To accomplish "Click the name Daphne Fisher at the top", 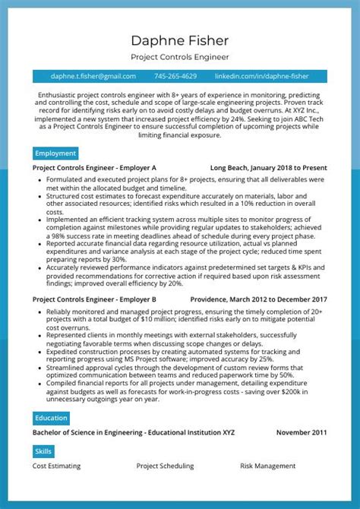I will click(x=180, y=40).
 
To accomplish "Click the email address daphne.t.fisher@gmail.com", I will click(x=93, y=76).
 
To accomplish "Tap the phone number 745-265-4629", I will click(x=175, y=76).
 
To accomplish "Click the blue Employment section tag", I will click(x=55, y=153).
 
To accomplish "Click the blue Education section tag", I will click(x=52, y=418).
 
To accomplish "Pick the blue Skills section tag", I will click(x=44, y=451).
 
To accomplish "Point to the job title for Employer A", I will click(x=95, y=167).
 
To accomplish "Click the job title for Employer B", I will click(x=95, y=278).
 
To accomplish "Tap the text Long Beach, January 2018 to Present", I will click(x=268, y=167).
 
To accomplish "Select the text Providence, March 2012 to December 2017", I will click(x=258, y=278).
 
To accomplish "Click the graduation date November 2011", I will click(x=302, y=432).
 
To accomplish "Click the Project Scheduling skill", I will click(x=165, y=466).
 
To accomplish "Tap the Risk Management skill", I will click(x=268, y=466).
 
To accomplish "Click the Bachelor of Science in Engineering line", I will click(x=134, y=432).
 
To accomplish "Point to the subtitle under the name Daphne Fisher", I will click(x=180, y=57).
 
